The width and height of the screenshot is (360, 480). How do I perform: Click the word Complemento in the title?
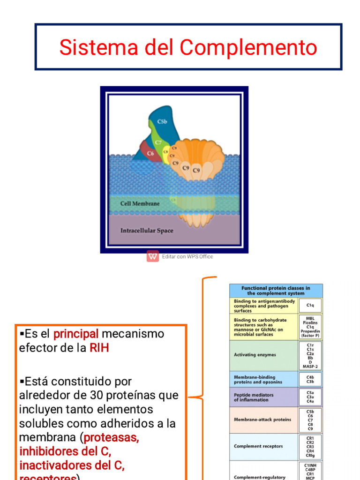pos(248,47)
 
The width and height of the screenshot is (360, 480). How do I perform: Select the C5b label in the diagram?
pos(163,122)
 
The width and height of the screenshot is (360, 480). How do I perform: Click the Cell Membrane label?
pos(140,204)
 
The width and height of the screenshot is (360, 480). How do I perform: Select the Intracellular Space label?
pos(146,231)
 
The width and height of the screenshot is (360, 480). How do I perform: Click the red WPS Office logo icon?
pos(153,256)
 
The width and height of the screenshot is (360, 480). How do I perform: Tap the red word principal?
pos(76,334)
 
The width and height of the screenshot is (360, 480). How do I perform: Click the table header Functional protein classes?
pos(276,291)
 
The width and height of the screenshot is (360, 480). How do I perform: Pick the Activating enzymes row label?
pos(255,355)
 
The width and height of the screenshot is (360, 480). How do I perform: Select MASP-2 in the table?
pos(310,366)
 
